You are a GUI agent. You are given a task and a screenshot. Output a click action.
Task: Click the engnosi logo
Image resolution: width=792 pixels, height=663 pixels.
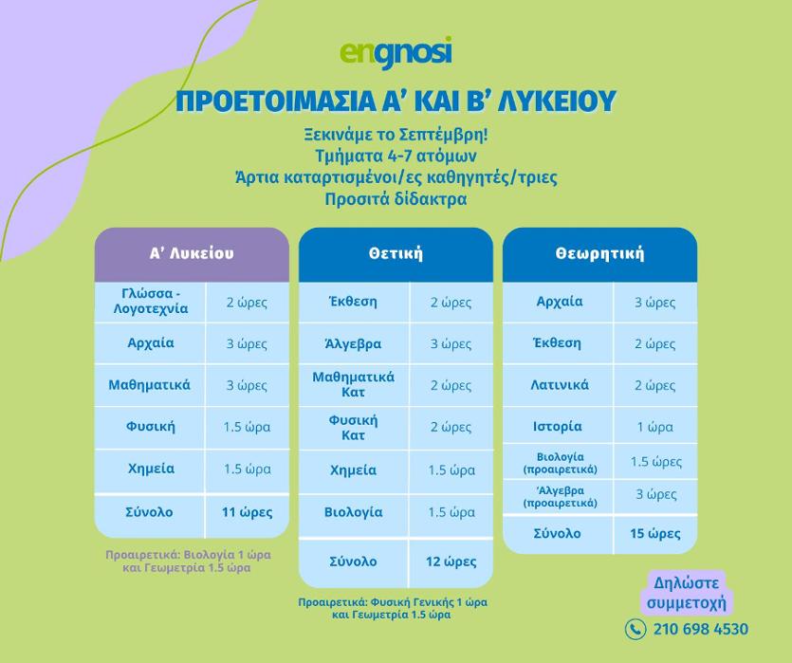coord(396,52)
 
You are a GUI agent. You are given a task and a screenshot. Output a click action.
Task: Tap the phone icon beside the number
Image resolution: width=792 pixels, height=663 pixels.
coord(635,629)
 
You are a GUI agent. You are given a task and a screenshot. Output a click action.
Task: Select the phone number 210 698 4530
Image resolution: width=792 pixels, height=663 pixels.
coord(701,629)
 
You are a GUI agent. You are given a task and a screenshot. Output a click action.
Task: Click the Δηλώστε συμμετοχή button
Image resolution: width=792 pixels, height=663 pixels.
coord(686,593)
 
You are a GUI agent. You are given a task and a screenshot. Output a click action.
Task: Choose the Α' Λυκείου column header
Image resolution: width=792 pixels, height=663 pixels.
coord(192,253)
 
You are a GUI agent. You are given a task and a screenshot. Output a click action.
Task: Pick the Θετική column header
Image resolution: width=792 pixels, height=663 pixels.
coord(396,253)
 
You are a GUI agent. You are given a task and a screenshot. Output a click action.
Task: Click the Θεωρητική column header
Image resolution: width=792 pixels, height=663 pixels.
coord(599,253)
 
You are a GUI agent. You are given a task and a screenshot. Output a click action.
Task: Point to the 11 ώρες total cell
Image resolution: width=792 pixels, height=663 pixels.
coord(247,513)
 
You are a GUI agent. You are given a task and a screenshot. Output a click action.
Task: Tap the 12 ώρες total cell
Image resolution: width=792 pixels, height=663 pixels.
coord(451,562)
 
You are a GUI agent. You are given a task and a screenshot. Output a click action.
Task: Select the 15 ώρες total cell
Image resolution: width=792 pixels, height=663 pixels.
coord(655,534)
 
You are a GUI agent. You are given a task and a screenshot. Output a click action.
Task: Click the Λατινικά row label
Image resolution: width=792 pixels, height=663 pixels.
coord(560,385)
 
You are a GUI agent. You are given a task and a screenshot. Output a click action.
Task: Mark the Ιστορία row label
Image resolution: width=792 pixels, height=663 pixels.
coord(558,427)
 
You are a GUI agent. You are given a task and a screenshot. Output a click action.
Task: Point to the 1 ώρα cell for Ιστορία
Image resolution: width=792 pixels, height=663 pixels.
coord(655,427)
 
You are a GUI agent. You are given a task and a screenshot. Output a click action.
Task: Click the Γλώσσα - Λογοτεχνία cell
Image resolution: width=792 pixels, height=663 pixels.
coord(151,302)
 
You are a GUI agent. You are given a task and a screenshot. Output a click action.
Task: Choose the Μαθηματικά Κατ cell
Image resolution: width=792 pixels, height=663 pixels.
coord(354,385)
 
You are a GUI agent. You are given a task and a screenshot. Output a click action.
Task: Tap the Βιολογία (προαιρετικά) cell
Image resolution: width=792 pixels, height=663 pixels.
coord(560,463)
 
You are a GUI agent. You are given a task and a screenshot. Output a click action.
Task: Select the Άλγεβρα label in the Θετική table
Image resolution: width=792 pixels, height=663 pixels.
coord(353,344)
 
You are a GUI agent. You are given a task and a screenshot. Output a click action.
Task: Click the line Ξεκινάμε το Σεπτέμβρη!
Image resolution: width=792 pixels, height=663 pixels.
coord(396,136)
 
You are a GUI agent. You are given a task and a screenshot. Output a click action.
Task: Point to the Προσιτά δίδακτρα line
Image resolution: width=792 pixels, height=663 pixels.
coord(396,199)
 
